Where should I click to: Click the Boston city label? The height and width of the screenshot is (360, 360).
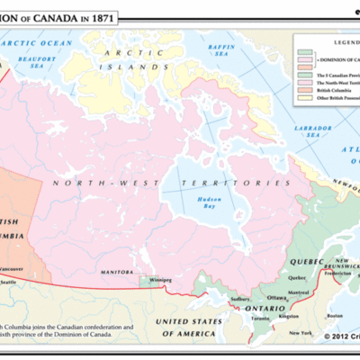pos(336,316)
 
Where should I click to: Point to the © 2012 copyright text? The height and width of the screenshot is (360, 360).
pos(332,338)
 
